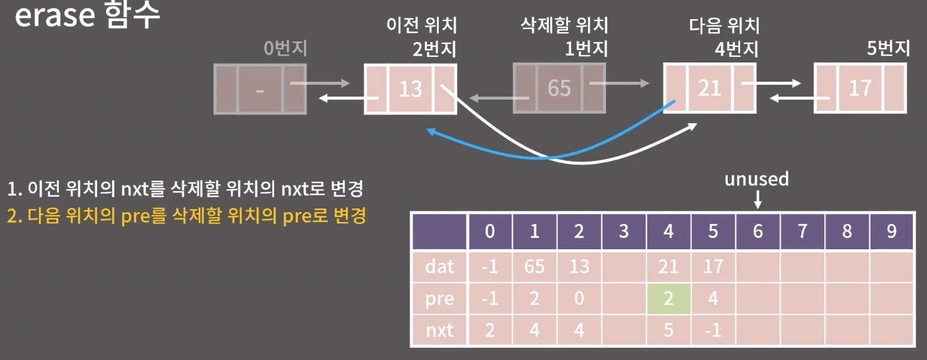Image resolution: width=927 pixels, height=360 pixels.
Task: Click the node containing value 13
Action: (410, 89)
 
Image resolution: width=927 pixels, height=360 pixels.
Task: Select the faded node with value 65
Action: (559, 88)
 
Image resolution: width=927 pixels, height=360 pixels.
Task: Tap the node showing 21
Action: (709, 88)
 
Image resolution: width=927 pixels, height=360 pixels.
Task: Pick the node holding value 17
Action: (860, 88)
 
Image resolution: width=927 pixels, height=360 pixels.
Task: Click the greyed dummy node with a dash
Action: (260, 90)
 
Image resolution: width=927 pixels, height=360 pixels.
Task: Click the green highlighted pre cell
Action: (668, 299)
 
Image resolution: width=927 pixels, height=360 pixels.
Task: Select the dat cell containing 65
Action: (535, 267)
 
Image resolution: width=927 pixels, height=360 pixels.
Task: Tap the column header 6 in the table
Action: (757, 231)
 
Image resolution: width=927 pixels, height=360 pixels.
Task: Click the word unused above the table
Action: (757, 179)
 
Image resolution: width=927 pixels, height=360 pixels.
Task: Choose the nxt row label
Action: (439, 330)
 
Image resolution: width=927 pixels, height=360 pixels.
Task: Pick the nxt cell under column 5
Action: (713, 330)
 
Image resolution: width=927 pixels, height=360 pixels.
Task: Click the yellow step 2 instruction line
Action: (187, 217)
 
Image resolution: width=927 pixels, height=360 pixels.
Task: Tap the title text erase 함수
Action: (87, 17)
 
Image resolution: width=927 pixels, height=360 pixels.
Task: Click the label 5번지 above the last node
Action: (888, 48)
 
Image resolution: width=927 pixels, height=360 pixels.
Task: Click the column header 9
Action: (891, 231)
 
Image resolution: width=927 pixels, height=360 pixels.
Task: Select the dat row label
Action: (439, 267)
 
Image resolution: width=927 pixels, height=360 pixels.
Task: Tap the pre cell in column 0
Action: (490, 299)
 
